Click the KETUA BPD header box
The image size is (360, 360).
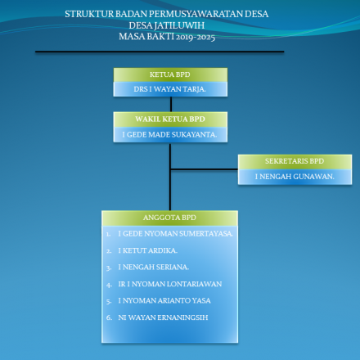[x=170, y=74]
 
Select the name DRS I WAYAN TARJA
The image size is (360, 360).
[x=170, y=88]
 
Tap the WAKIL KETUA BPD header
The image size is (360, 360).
[x=170, y=119]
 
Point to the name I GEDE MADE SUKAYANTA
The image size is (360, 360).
[x=169, y=133]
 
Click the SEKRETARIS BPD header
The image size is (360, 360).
[x=295, y=161]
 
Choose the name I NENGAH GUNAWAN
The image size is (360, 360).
[x=294, y=176]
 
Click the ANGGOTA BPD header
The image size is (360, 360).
[x=170, y=218]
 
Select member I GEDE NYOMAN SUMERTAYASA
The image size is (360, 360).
[x=175, y=233]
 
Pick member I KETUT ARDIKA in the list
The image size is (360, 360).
[x=147, y=250]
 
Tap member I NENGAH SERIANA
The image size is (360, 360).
[x=153, y=267]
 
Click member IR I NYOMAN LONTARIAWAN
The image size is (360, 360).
[x=169, y=283]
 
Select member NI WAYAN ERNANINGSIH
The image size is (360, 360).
[x=164, y=316]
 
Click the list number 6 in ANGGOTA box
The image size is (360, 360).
[x=109, y=316]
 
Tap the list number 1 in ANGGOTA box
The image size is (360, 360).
[x=109, y=233]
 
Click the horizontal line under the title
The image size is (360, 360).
[x=160, y=52]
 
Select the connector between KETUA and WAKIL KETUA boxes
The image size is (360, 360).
[x=170, y=104]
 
